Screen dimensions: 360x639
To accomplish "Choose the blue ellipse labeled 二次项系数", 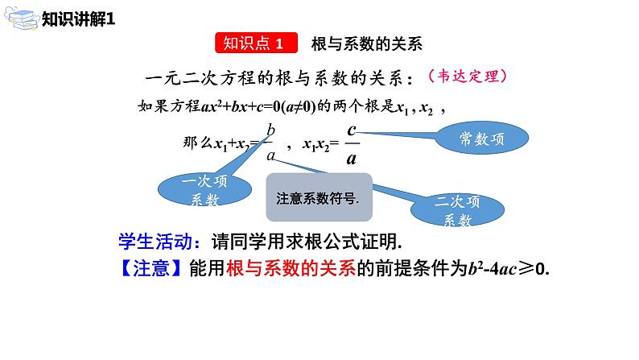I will [x=456, y=211].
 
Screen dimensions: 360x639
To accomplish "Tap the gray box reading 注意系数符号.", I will [x=319, y=197].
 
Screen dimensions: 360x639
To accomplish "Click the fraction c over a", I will [x=351, y=143].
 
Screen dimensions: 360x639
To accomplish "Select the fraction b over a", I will [x=271, y=143].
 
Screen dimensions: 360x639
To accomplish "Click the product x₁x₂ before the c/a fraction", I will [x=315, y=144].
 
